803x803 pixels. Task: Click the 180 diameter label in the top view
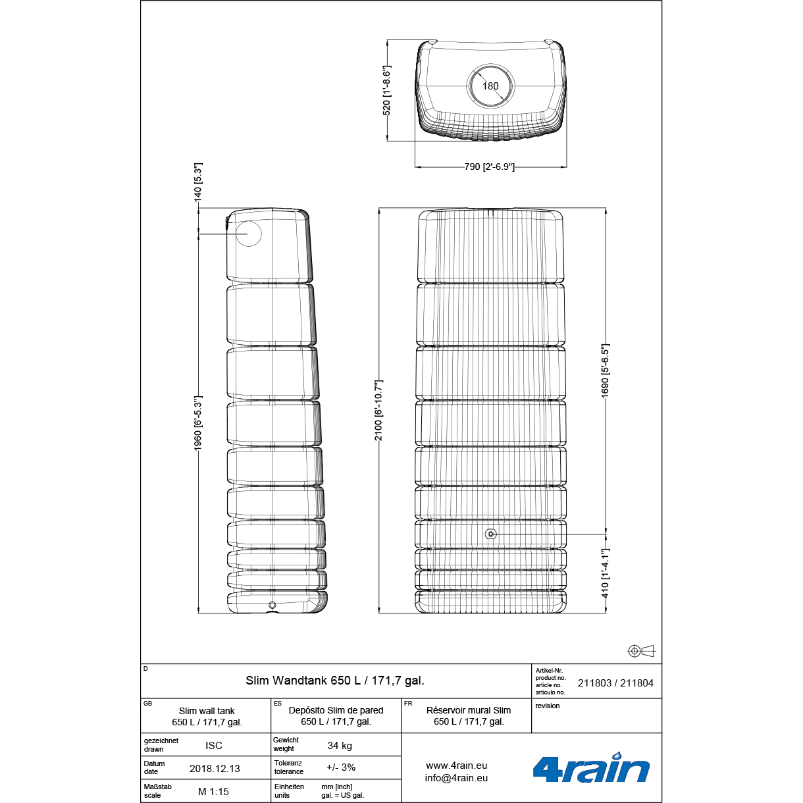pos(490,86)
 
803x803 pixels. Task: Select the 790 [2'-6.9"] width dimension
pos(489,167)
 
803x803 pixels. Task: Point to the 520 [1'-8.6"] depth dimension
pos(386,90)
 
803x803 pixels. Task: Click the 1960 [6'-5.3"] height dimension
pos(197,423)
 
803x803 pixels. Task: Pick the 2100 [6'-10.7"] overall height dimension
pos(378,411)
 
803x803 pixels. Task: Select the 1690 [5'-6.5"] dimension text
pos(605,371)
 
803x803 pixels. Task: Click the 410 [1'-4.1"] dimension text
pos(605,573)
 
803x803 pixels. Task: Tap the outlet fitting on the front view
pos(491,534)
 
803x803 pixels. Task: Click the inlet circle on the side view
pos(248,234)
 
